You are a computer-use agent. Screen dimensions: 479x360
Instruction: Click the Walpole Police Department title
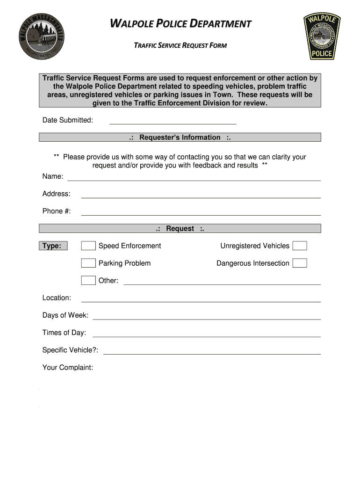point(180,23)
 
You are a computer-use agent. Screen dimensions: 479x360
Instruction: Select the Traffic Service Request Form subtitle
point(180,45)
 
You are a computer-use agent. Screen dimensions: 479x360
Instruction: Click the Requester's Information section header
point(180,138)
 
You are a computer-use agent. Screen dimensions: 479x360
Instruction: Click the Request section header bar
point(180,229)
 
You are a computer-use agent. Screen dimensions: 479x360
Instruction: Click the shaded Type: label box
point(53,246)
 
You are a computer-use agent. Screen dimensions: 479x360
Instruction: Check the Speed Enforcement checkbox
point(88,246)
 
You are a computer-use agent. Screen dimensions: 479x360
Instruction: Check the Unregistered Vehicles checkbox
point(300,246)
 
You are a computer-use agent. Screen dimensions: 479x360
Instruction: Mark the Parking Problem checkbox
point(88,263)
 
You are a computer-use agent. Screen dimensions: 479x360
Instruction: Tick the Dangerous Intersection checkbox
point(300,263)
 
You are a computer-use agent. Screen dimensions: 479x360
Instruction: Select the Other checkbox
point(88,281)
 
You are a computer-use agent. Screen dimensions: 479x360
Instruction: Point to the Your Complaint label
point(68,368)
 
